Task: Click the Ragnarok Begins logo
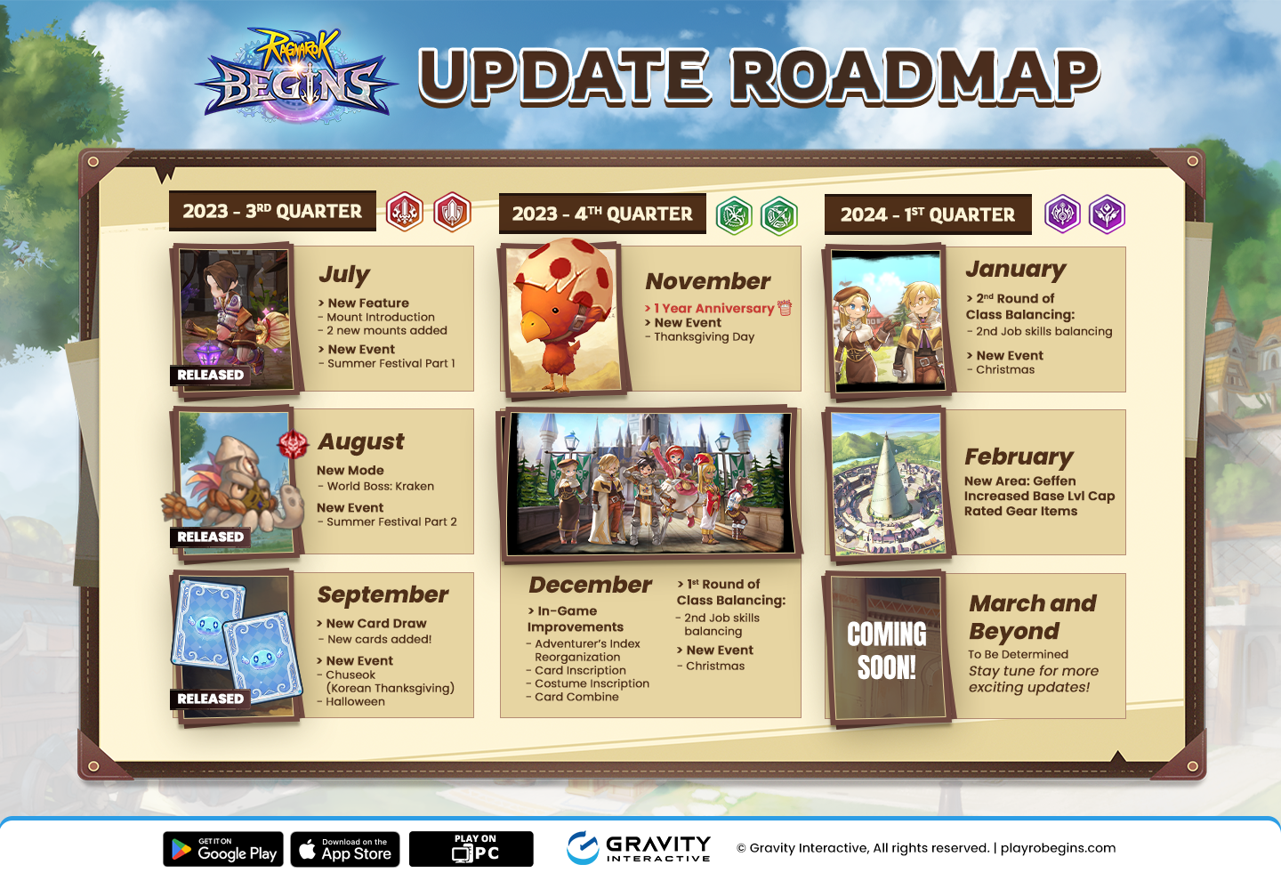(x=296, y=76)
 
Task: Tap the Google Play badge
(x=223, y=849)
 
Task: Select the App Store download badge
(x=345, y=849)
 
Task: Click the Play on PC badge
(x=471, y=849)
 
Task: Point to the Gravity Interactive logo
(x=639, y=848)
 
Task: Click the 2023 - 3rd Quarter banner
(x=272, y=211)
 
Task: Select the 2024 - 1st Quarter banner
(x=928, y=214)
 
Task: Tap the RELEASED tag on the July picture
(x=210, y=376)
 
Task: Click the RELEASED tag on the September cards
(x=210, y=699)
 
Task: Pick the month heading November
(x=708, y=281)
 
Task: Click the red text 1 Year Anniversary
(x=713, y=308)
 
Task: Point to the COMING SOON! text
(x=886, y=651)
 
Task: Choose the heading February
(x=1019, y=457)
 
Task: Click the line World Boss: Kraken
(x=381, y=486)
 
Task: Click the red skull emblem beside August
(x=293, y=445)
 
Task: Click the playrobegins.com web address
(x=1058, y=848)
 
